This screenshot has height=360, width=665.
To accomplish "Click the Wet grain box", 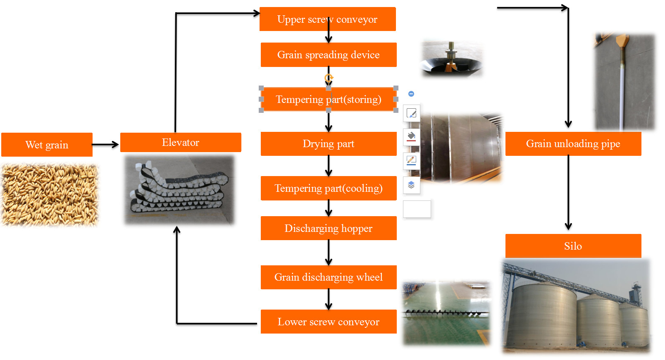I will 47,145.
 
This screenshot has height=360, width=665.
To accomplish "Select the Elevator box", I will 181,143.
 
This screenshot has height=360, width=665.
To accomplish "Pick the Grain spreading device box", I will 329,55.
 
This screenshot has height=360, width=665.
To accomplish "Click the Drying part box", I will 329,144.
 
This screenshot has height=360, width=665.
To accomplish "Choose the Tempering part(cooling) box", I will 329,188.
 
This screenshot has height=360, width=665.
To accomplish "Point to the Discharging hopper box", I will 329,228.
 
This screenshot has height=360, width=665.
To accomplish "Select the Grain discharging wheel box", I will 329,277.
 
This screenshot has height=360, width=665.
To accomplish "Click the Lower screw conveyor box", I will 329,322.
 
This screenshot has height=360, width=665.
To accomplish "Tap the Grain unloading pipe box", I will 573,144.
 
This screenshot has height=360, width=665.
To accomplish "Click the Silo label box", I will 573,246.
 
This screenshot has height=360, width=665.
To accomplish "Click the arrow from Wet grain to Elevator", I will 105,145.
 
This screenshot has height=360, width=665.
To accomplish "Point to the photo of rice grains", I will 50,195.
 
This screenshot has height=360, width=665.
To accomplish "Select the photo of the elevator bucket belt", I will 179,190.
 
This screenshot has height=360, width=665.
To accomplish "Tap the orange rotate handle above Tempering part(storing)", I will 329,78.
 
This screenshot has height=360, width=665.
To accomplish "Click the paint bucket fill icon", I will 411,136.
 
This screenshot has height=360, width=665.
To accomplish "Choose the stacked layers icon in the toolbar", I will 411,185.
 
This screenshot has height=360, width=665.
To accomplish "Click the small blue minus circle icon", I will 411,94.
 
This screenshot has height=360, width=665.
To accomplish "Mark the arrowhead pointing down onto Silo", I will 568,226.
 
